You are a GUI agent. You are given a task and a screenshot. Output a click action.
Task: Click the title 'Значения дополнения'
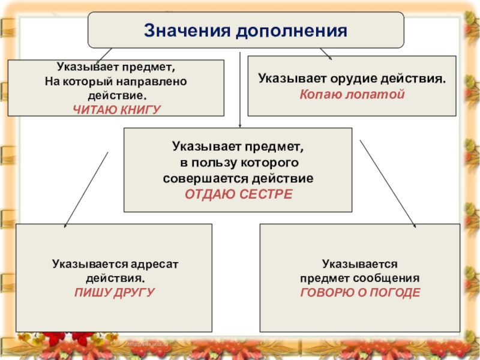click(x=246, y=30)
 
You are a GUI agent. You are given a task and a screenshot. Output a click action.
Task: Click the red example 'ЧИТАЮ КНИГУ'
click(x=117, y=108)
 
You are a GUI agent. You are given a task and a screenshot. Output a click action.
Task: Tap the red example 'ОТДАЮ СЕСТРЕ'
click(x=238, y=194)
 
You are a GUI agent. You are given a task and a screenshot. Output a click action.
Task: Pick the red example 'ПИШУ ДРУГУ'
click(x=115, y=292)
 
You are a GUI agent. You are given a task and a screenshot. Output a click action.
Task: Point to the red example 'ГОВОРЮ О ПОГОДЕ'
click(x=360, y=292)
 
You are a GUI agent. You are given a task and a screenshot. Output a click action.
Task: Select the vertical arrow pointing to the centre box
click(x=240, y=90)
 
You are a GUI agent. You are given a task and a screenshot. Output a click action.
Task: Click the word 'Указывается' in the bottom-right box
click(x=360, y=263)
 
